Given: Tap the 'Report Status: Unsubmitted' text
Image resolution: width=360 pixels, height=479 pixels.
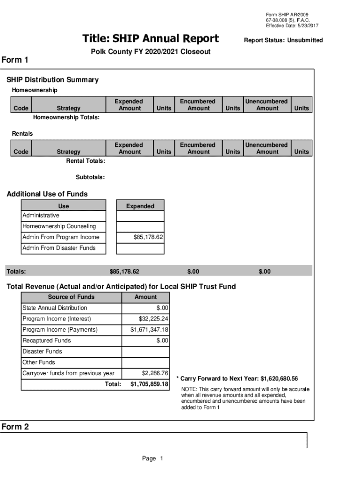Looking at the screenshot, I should tap(283, 40).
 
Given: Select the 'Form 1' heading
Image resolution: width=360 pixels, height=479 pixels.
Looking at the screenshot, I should tap(15, 60).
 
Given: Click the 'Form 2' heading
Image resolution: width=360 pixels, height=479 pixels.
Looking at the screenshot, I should tap(15, 427).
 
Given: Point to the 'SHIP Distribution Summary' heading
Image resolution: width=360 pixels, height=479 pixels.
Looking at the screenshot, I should tap(52, 80).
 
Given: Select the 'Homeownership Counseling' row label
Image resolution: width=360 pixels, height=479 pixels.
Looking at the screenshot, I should tap(59, 226).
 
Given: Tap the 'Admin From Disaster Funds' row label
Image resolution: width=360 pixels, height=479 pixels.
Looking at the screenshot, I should tap(59, 248).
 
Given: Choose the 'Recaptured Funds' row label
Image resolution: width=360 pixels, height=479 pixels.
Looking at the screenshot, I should tap(47, 341).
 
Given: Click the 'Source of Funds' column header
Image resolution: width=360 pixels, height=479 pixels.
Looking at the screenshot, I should tap(71, 297).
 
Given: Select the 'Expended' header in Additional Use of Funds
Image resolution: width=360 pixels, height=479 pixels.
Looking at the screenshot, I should tap(140, 206).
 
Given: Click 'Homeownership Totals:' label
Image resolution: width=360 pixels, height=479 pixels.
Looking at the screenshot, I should tap(66, 117).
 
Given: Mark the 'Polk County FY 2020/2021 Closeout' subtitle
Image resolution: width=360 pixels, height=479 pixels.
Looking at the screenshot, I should tap(150, 51).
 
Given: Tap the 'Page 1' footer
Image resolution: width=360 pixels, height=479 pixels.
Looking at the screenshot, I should tap(152, 459).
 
